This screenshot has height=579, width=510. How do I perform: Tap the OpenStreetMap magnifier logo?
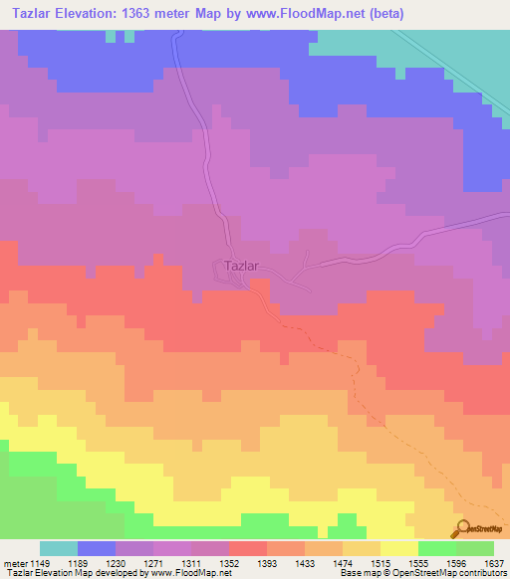[462, 527]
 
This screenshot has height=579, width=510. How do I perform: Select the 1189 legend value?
[78, 562]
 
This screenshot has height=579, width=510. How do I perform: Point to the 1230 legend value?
[116, 562]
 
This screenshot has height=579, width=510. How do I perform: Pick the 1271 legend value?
[153, 562]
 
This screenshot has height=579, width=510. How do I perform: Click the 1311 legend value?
[191, 562]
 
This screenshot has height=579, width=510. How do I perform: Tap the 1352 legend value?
[229, 562]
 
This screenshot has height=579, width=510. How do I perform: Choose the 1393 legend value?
[267, 562]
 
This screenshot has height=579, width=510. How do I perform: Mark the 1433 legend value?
[305, 562]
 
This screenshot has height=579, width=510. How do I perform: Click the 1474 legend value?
[343, 562]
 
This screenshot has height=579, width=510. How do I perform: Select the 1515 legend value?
[381, 562]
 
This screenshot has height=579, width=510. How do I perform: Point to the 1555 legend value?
[418, 562]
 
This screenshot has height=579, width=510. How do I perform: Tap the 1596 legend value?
[456, 562]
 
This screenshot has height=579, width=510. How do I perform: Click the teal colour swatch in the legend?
[59, 548]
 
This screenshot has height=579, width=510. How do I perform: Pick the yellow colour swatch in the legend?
[399, 548]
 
